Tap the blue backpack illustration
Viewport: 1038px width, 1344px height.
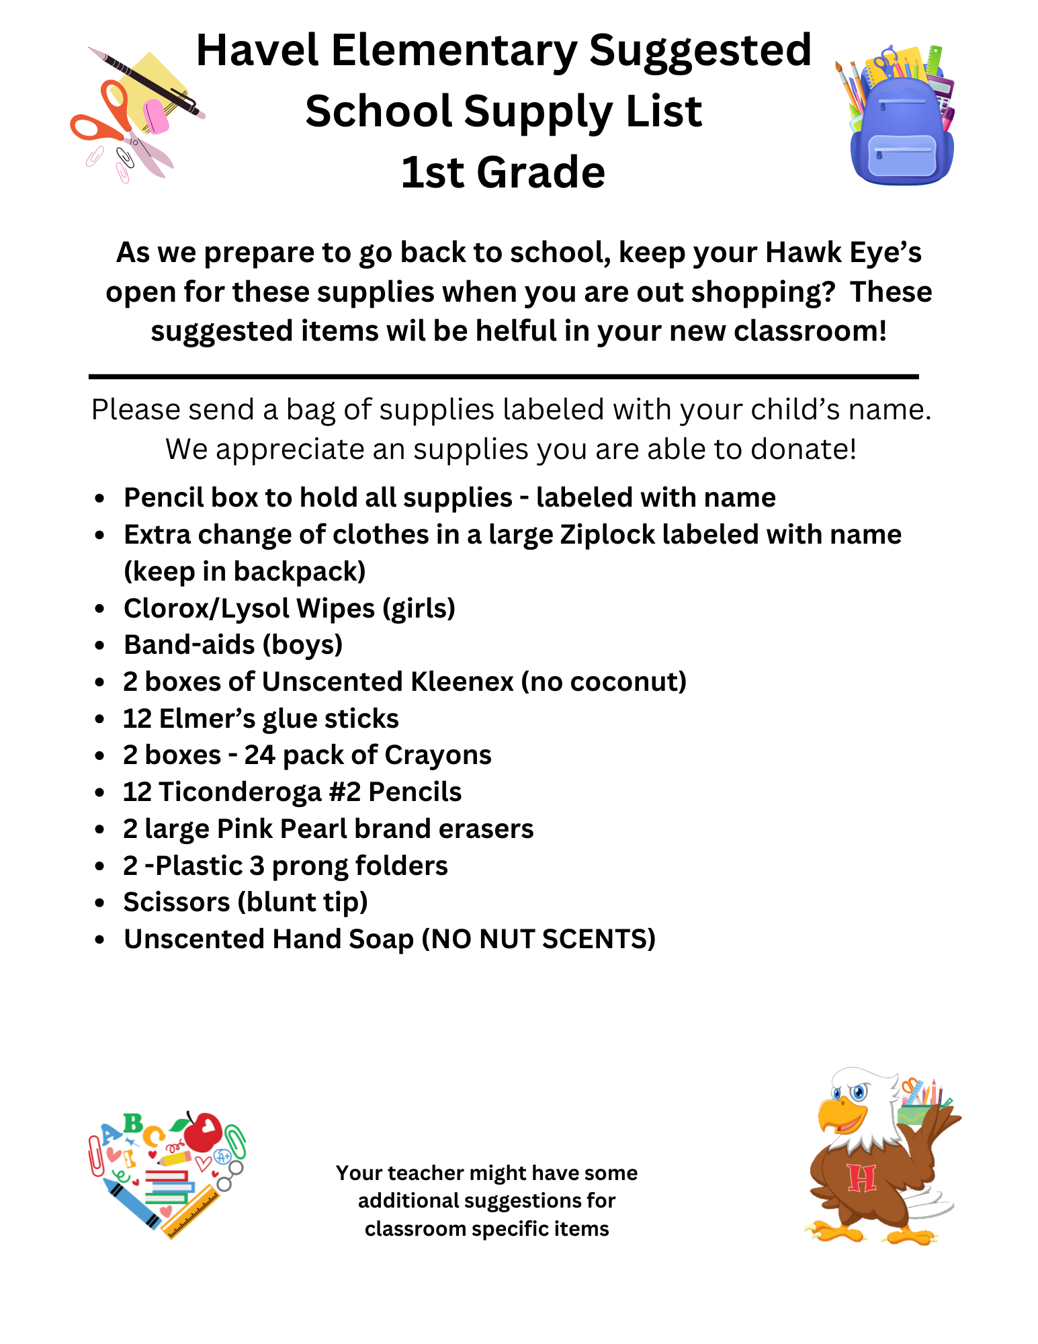[902, 134]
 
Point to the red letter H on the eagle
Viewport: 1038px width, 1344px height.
[861, 1178]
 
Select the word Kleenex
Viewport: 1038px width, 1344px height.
[462, 682]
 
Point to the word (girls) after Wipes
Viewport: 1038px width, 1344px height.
[419, 609]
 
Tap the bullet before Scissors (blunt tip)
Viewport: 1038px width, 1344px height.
[99, 903]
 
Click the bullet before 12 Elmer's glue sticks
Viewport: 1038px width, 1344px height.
[99, 720]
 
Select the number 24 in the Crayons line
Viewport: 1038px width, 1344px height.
[259, 755]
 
